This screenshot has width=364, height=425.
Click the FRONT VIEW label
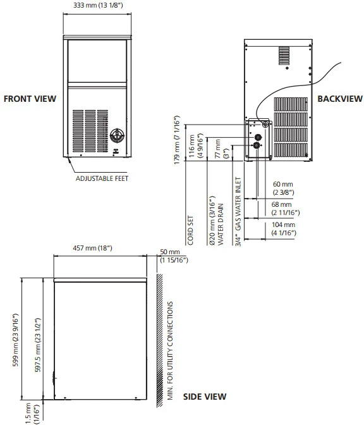[30, 99]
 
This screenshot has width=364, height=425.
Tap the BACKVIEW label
[340, 99]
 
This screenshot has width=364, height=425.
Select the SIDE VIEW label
[205, 397]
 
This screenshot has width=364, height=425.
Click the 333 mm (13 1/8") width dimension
[98, 5]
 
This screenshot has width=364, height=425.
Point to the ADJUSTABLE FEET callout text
[102, 178]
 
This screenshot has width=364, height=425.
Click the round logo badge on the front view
[118, 135]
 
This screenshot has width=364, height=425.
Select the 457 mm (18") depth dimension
[92, 248]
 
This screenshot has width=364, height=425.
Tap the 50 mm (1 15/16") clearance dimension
[174, 256]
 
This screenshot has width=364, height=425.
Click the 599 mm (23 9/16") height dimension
[16, 340]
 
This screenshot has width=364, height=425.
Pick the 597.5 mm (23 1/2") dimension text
[39, 345]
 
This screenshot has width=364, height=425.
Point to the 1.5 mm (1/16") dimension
[32, 414]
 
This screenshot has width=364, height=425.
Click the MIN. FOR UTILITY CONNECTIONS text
[170, 351]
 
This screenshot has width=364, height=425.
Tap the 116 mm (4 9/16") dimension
[195, 146]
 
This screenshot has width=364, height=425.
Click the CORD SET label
[190, 230]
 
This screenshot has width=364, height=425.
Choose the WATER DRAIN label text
[221, 225]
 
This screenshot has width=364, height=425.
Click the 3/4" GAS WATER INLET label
[238, 212]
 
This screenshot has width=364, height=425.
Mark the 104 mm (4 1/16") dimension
[284, 229]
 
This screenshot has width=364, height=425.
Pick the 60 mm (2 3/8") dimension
[283, 188]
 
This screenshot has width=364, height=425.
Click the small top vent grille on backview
[284, 56]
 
